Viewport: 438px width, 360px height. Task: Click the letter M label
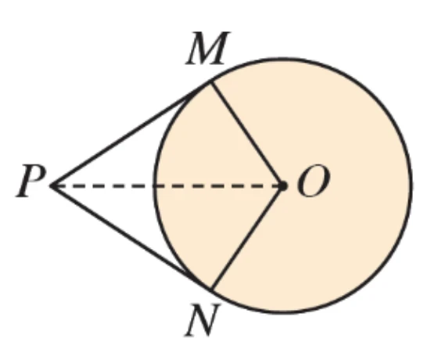(x=208, y=48)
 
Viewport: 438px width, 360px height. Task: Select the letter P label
(x=31, y=181)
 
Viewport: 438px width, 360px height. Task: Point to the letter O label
(x=314, y=181)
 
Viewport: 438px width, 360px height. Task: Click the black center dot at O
(x=282, y=186)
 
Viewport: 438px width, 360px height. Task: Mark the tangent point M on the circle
(x=211, y=82)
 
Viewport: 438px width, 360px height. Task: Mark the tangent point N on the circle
(x=211, y=290)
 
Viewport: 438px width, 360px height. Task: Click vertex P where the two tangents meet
(x=51, y=186)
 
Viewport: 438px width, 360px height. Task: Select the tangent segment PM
(x=131, y=134)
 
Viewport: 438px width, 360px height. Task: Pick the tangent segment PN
(x=131, y=238)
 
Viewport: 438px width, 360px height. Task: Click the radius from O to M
(x=246, y=134)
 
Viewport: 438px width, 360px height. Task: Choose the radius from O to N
(x=246, y=238)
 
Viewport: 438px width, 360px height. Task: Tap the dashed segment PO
(x=167, y=186)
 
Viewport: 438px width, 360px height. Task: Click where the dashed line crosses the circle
(x=155, y=186)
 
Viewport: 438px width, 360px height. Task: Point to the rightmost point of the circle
(x=411, y=186)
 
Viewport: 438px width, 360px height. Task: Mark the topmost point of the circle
(x=282, y=59)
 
